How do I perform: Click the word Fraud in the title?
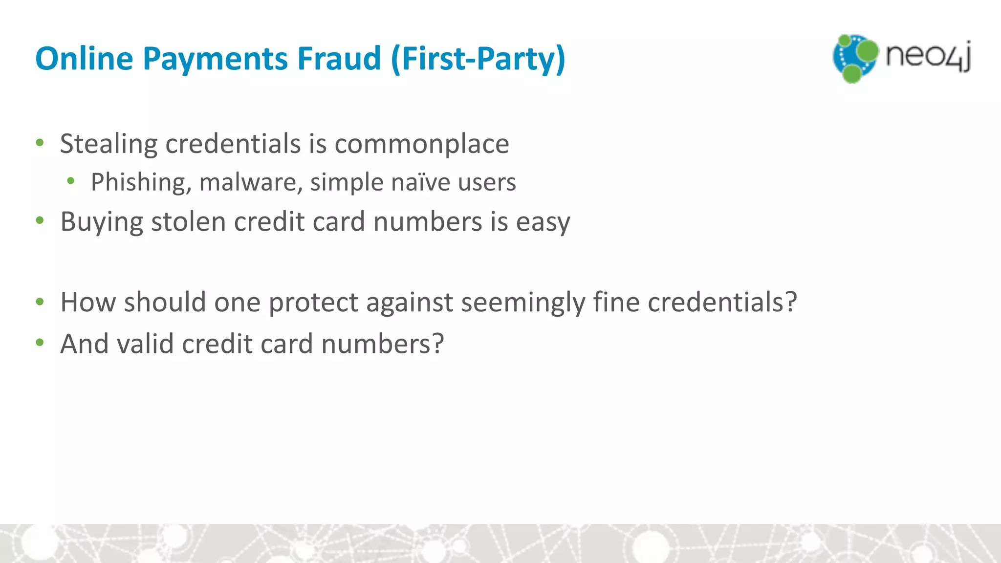coord(339,58)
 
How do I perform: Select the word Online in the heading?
coord(84,58)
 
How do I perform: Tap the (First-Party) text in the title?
coord(478,59)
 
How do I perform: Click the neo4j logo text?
coord(928,56)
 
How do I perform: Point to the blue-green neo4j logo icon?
coord(855,58)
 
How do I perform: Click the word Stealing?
coord(108,144)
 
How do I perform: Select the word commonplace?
coord(421,144)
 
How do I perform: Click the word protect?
coord(313,302)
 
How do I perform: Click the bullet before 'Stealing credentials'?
coord(40,143)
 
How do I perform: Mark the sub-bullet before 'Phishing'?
coord(71,181)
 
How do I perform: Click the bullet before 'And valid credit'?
coord(40,343)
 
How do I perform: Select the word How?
coord(88,302)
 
